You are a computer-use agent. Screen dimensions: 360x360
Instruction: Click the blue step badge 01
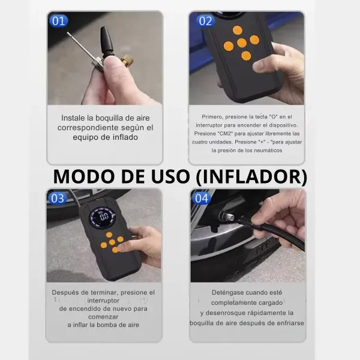point(59,21)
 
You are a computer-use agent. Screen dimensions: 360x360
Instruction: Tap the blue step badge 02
point(205,21)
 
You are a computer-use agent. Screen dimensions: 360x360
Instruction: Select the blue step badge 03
point(58,199)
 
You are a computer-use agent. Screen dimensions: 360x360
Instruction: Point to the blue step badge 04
point(202,199)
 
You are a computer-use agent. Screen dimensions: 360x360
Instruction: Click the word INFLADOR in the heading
point(251,177)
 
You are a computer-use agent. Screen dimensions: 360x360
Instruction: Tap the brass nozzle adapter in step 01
point(127,60)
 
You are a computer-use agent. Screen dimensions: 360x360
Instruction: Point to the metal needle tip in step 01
point(68,33)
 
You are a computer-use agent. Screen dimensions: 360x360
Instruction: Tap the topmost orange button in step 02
point(238,31)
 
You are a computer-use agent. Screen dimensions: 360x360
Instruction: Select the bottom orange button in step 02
point(246,56)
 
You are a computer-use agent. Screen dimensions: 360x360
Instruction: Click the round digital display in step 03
point(103,217)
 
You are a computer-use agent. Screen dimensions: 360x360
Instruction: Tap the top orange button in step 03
point(109,235)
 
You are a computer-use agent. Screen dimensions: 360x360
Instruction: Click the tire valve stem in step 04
point(226,216)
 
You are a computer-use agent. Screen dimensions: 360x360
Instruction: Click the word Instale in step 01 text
point(73,118)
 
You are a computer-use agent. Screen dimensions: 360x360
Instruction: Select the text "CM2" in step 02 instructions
point(226,134)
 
